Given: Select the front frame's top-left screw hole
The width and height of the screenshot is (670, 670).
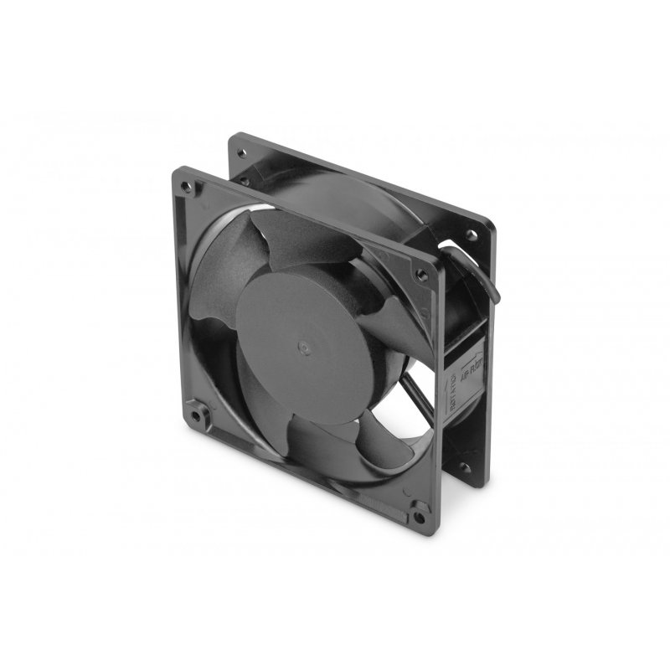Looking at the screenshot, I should [x=185, y=178].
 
